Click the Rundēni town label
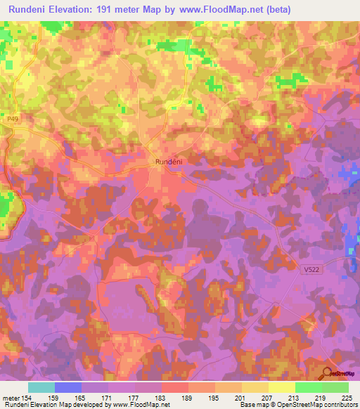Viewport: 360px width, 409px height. click(168, 162)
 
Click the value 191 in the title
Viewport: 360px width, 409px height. click(117, 10)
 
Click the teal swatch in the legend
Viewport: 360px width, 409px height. click(41, 387)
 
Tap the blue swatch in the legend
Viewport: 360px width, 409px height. click(68, 387)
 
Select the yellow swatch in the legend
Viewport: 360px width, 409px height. click(282, 387)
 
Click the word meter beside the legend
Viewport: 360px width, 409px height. click(11, 398)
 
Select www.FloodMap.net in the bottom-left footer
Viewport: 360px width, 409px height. click(136, 405)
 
